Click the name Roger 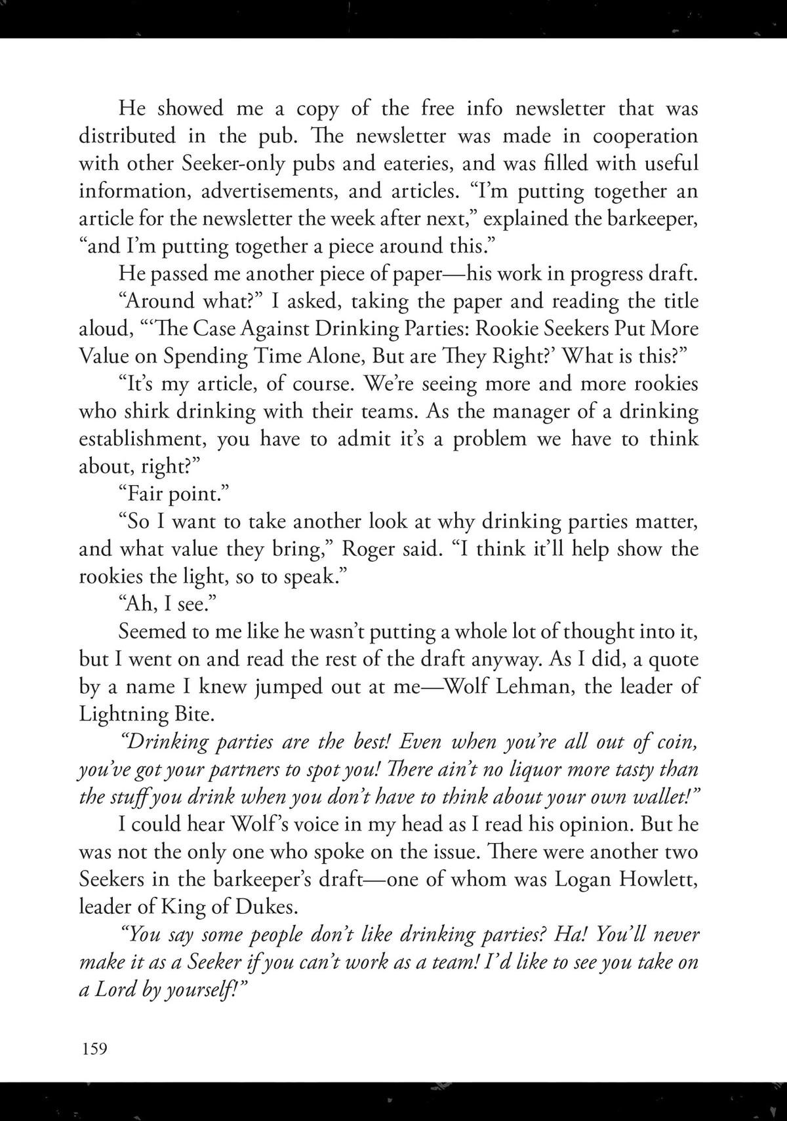[367, 549]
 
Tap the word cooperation [645, 136]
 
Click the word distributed [128, 136]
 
